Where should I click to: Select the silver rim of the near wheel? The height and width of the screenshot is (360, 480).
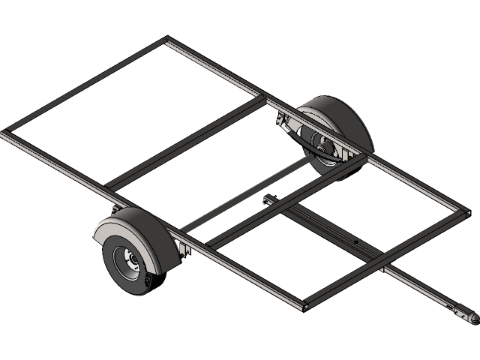(x=124, y=262)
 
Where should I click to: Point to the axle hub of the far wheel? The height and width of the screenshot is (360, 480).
(x=323, y=150)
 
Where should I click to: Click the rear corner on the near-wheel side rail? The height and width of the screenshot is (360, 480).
(x=6, y=134)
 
